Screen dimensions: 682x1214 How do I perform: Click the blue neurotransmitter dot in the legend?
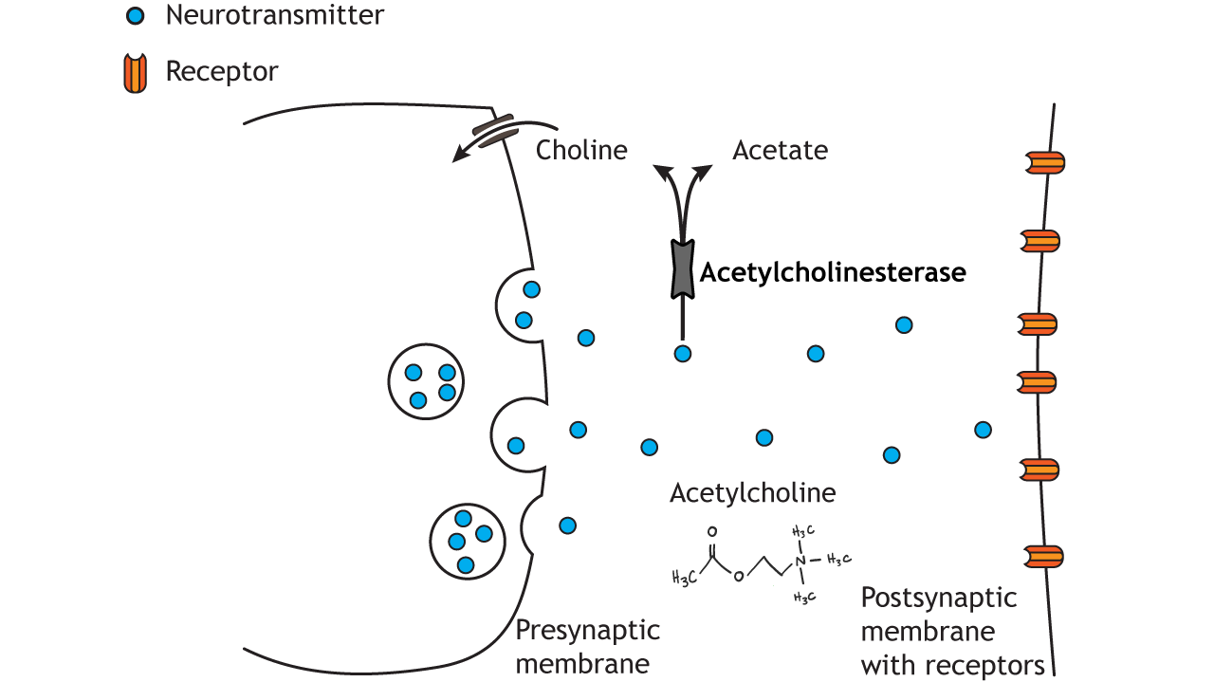136,16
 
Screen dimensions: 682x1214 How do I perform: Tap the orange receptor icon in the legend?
136,73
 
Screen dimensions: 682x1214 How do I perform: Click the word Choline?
581,150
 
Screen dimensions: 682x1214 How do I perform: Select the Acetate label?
780,150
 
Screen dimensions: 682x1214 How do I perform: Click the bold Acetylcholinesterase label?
832,273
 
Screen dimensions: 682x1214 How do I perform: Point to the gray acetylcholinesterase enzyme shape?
682,268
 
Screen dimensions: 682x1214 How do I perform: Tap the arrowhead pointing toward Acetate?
705,171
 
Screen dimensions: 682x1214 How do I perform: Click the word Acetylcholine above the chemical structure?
752,493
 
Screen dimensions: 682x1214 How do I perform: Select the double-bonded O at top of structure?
711,533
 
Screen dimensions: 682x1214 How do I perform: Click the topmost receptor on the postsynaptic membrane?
1040,163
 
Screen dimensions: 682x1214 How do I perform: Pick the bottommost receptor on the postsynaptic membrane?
1040,556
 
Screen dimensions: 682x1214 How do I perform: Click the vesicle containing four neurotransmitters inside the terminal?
426,381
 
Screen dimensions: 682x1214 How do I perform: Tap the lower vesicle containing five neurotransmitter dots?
467,542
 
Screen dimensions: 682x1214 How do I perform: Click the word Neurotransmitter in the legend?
275,15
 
